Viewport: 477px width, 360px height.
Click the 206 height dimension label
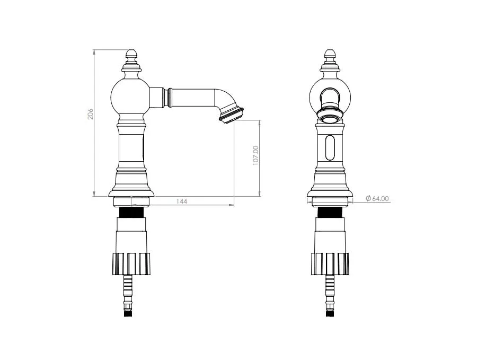91,114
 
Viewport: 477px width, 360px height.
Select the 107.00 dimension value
255,155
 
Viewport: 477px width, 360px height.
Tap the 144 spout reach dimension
182,201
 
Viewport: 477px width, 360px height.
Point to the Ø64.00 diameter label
377,198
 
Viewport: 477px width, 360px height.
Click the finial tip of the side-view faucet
131,50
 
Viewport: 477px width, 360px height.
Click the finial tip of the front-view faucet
329,50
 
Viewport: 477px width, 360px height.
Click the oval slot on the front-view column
330,147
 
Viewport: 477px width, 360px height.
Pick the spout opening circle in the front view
330,119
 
